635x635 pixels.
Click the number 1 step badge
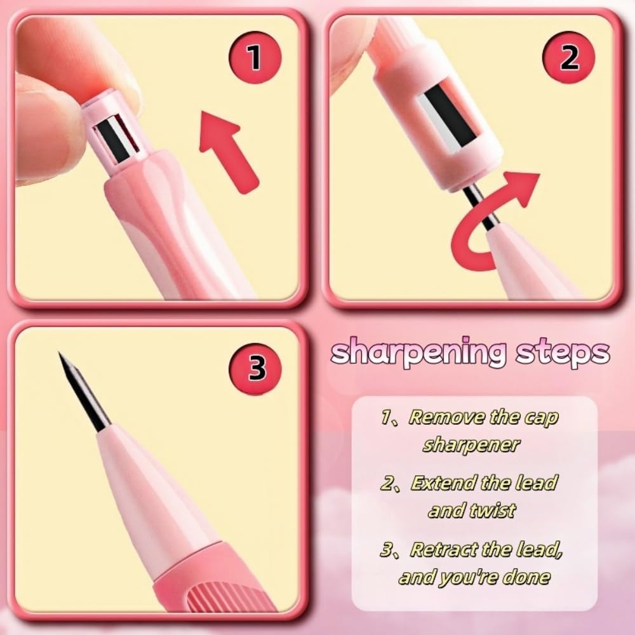tap(255, 58)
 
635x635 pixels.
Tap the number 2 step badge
tap(568, 58)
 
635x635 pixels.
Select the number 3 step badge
tap(255, 368)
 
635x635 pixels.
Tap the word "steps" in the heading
tap(563, 352)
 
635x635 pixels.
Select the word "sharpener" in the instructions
tap(471, 444)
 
